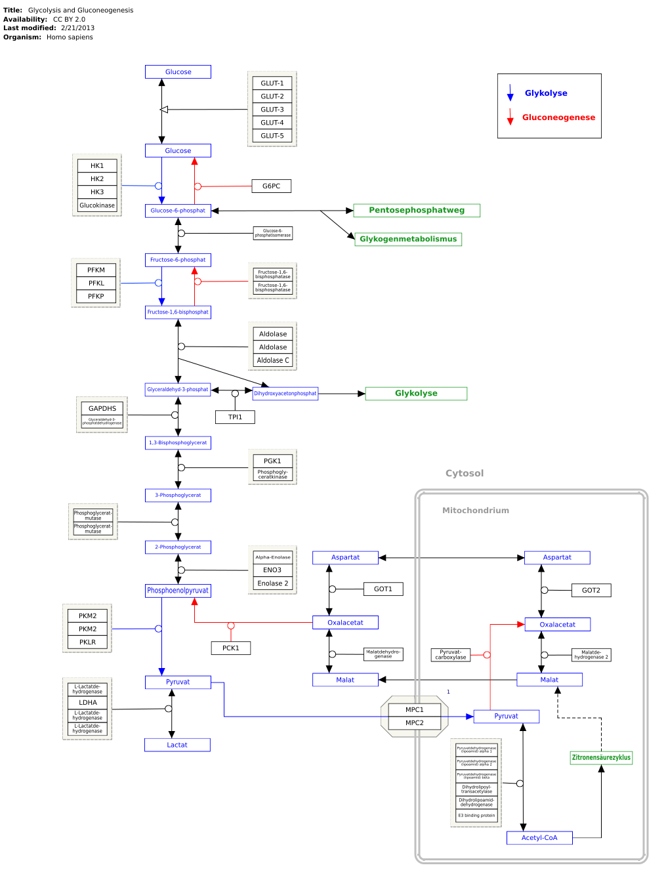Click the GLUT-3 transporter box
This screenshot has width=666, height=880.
(x=272, y=110)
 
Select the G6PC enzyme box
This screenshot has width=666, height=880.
(x=271, y=186)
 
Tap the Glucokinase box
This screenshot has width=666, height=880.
(x=97, y=205)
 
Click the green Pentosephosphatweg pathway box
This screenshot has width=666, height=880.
(x=417, y=211)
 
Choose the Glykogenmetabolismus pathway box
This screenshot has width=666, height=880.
(x=407, y=240)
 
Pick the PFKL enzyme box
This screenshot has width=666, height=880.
(x=96, y=283)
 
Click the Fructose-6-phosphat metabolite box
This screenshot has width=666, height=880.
(x=178, y=260)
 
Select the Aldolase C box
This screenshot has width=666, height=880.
(x=272, y=360)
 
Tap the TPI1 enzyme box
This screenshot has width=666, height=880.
(x=235, y=417)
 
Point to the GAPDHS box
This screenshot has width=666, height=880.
(x=102, y=408)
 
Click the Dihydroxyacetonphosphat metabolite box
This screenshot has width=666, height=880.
(x=285, y=394)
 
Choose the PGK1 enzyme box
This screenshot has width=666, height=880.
(x=272, y=461)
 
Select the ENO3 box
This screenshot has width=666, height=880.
(x=272, y=570)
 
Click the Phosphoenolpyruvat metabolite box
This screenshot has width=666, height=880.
(x=178, y=591)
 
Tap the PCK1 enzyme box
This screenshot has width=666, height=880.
(x=231, y=648)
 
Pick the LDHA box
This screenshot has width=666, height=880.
(x=88, y=703)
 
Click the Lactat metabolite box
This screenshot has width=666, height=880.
(x=177, y=745)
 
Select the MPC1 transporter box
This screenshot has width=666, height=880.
(x=414, y=710)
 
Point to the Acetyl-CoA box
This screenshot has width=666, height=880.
(x=539, y=838)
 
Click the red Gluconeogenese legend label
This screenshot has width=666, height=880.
(x=558, y=118)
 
